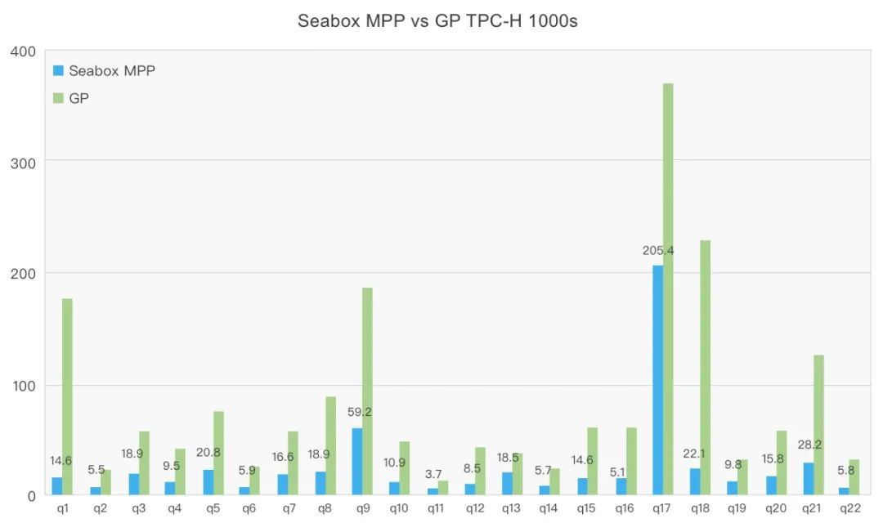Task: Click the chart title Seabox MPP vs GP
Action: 437,21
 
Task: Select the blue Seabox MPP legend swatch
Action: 58,71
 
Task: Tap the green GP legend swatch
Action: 58,98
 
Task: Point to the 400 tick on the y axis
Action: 23,52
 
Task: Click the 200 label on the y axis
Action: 23,273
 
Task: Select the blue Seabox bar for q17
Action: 657,380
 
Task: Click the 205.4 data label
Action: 658,251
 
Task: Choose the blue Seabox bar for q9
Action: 357,461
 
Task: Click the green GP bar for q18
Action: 706,368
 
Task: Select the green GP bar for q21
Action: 819,425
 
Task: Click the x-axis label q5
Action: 213,509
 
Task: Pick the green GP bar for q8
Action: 330,445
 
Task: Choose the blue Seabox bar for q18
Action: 695,481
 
